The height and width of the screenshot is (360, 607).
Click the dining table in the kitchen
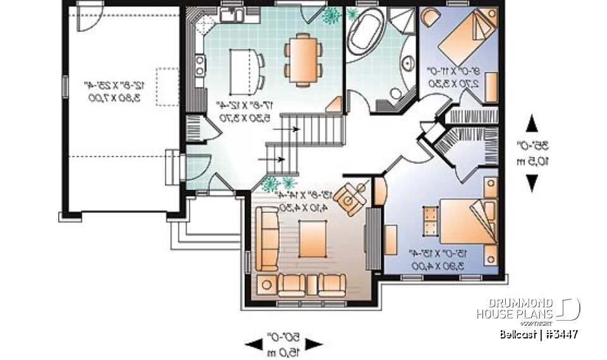tap(304, 60)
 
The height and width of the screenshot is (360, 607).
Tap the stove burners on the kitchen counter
tap(200, 63)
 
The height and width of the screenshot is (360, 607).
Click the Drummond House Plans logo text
tap(515, 308)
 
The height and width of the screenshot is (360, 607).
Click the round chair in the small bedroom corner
tap(429, 18)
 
